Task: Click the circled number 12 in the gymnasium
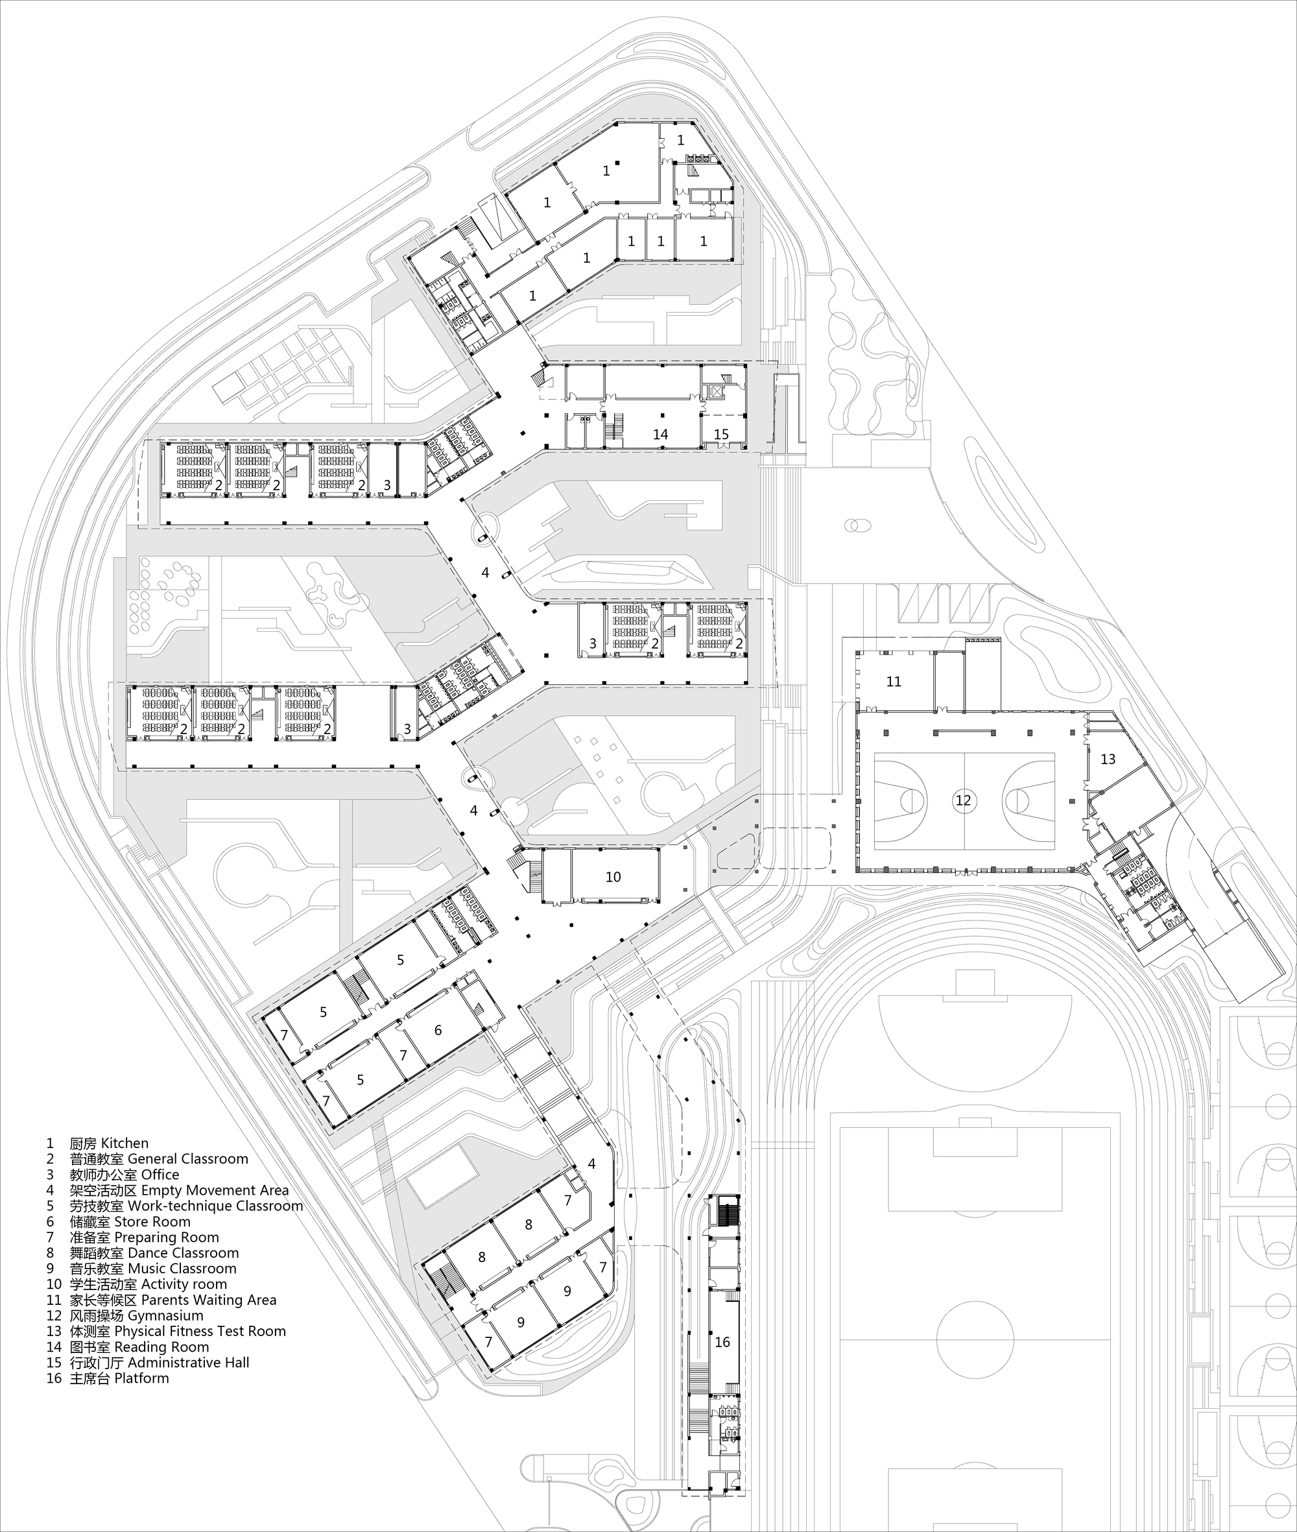[963, 800]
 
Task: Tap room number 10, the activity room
[613, 877]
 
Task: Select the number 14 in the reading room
[660, 435]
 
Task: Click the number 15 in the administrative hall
[721, 435]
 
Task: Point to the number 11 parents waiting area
[894, 682]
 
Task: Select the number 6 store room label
[438, 1031]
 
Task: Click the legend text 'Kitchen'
[125, 1143]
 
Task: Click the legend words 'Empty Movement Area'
[215, 1190]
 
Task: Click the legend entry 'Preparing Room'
[166, 1237]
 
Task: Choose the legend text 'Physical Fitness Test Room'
[199, 1330]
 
